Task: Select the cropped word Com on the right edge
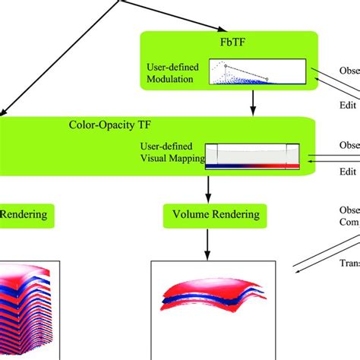click(x=349, y=223)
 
